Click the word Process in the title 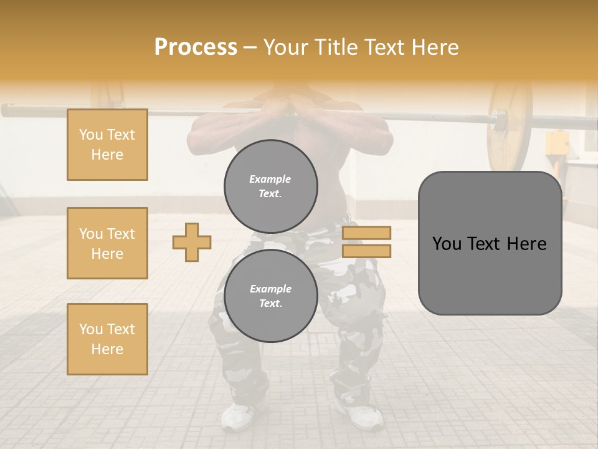point(196,47)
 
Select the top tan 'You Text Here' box point(107,145)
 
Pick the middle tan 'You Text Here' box point(107,243)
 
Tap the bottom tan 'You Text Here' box point(107,339)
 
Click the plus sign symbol point(192,242)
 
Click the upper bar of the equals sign point(366,233)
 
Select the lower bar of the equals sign point(366,251)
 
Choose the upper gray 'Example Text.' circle point(271,186)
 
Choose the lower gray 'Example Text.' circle point(271,296)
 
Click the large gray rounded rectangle point(490,243)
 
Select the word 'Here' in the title point(434,47)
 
